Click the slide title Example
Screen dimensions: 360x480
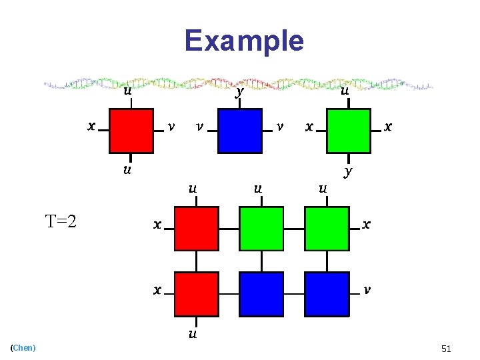click(x=244, y=41)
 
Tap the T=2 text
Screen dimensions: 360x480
click(x=60, y=221)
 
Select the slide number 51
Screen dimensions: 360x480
click(x=446, y=349)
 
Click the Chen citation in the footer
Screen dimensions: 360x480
click(x=24, y=347)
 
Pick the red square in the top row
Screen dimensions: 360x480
click(x=131, y=131)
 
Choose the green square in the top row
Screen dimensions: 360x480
click(x=348, y=131)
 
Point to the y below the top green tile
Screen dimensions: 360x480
click(x=348, y=171)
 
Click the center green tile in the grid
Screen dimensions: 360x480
click(x=261, y=229)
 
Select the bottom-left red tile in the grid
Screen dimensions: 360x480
click(x=197, y=293)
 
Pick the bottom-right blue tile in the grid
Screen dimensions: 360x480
click(x=327, y=293)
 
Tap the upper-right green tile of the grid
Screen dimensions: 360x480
click(x=327, y=229)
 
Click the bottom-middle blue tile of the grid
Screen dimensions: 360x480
click(x=261, y=293)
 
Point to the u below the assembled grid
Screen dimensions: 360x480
click(x=193, y=333)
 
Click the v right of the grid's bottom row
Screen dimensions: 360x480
click(x=367, y=290)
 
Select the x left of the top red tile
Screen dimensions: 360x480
click(x=91, y=125)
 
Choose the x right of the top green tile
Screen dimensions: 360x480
click(x=389, y=126)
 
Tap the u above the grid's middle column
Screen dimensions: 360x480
click(x=257, y=189)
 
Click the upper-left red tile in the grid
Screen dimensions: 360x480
click(x=197, y=229)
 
